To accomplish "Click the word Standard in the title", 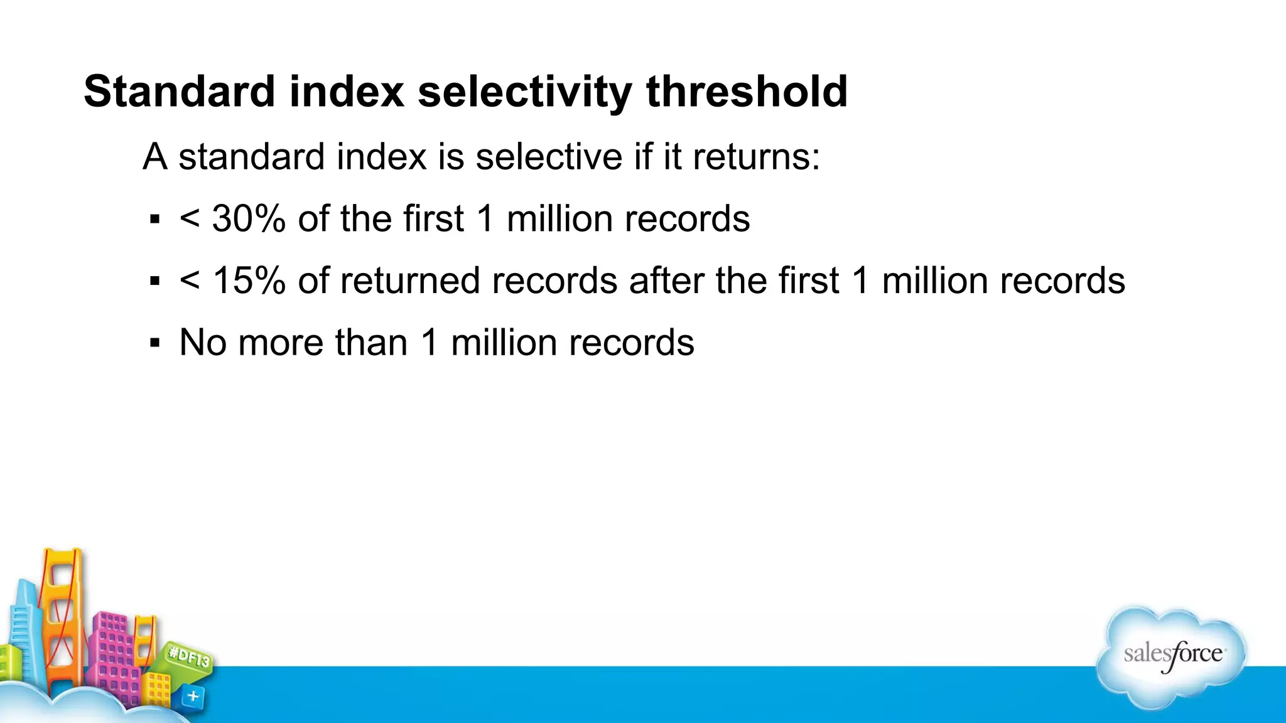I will tap(180, 92).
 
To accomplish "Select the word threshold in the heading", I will tap(747, 92).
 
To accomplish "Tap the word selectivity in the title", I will tap(525, 92).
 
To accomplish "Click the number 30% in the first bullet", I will tap(249, 219).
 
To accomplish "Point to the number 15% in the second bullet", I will tap(249, 281).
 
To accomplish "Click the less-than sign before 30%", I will tap(190, 219).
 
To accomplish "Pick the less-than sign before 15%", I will tap(190, 281).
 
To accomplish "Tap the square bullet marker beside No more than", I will tap(154, 343).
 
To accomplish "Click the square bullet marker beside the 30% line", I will tap(154, 220).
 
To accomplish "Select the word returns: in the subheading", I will tap(756, 156).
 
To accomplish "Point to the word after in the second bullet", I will tap(666, 281).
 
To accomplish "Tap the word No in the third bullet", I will tap(202, 343).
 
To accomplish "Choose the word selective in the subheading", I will tap(548, 156).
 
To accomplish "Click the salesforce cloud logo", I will tap(1172, 656).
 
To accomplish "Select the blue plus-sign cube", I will tap(193, 696).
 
